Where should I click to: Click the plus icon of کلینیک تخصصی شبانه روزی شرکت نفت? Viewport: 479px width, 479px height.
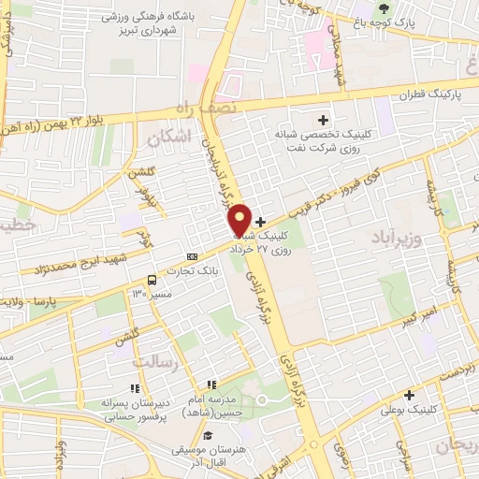click(324, 119)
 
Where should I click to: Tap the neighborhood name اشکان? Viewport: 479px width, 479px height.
click(168, 138)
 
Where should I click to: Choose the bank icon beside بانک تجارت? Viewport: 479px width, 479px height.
click(192, 256)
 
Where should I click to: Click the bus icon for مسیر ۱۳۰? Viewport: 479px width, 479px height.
click(152, 280)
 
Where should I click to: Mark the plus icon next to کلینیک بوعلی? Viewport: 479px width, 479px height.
click(409, 395)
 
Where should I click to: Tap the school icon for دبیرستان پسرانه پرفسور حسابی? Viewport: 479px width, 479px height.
click(135, 387)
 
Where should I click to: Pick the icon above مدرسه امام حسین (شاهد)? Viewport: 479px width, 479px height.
click(212, 385)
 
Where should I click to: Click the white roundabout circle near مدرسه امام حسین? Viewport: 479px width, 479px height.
click(263, 400)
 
